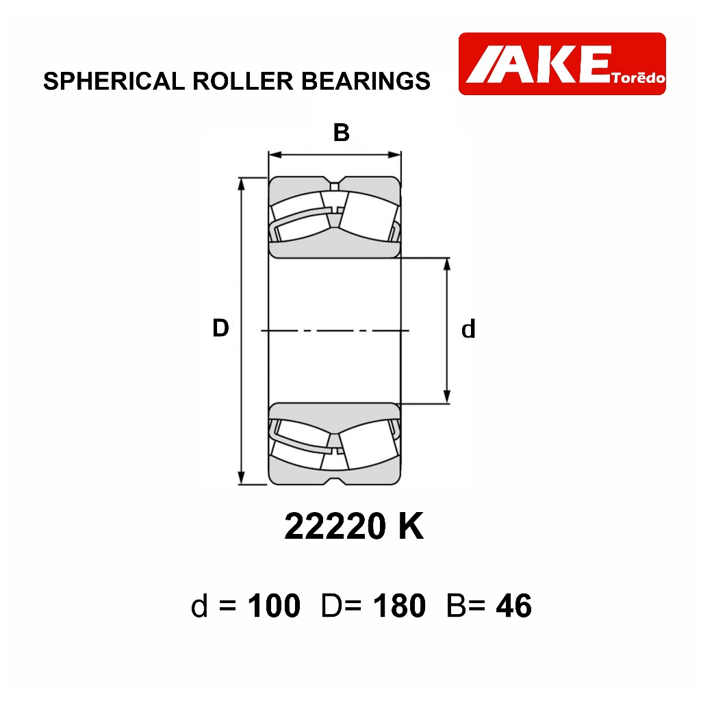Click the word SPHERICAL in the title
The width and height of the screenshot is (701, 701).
(114, 81)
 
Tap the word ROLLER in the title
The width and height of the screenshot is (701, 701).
(243, 81)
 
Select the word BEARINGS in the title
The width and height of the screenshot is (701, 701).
(366, 81)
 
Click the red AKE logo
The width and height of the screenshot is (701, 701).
(562, 64)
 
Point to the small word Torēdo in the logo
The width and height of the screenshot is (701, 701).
(639, 78)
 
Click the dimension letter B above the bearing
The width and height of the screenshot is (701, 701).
(341, 132)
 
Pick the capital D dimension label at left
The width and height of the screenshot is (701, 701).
(220, 328)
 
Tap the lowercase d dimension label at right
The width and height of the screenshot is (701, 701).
(468, 329)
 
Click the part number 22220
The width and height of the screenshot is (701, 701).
(335, 526)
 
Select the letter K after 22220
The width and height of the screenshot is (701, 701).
(411, 526)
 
